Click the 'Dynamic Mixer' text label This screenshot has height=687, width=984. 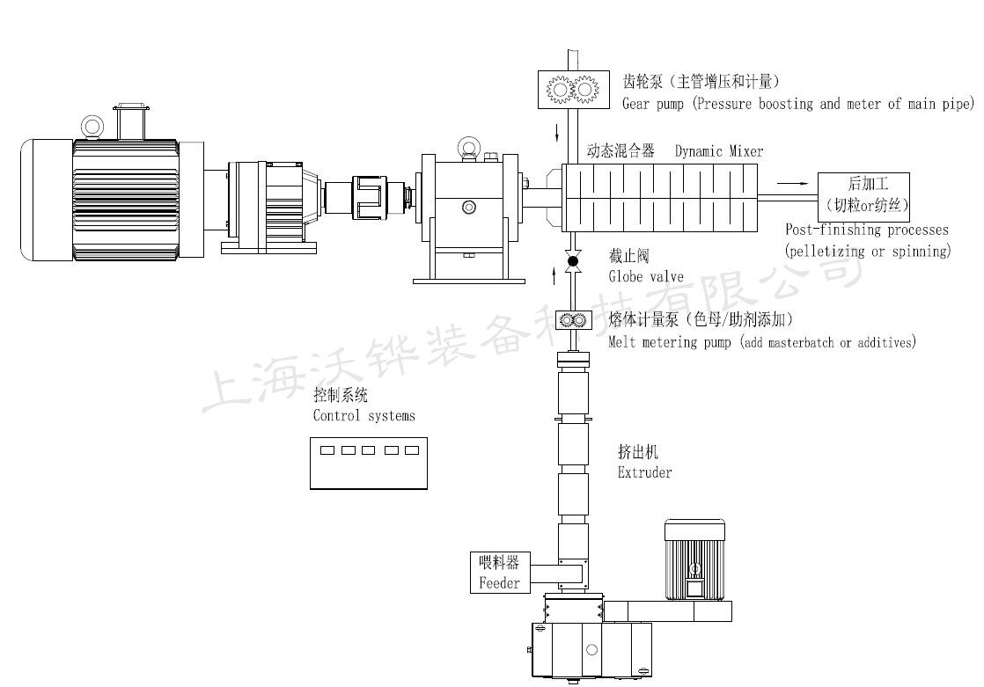(x=719, y=151)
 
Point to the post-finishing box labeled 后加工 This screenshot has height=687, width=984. (x=865, y=196)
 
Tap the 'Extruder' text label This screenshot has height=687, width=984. (x=644, y=473)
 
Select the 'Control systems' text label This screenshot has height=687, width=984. (x=363, y=415)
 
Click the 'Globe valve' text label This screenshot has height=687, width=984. (x=646, y=276)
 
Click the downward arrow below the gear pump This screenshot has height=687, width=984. (x=556, y=135)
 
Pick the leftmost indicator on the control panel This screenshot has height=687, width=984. (x=327, y=451)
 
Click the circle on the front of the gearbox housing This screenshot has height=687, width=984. (x=469, y=207)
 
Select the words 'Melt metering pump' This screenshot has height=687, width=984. (x=670, y=342)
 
